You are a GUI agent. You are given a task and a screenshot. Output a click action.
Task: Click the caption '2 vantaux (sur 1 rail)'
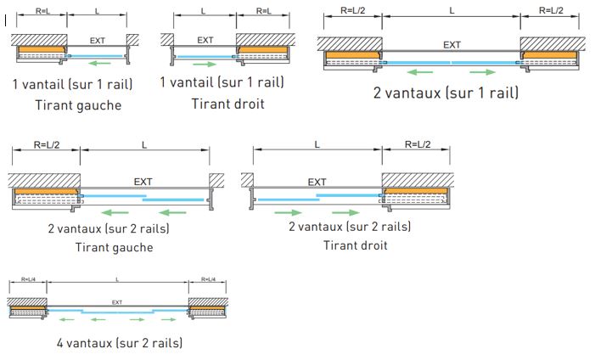[446, 92]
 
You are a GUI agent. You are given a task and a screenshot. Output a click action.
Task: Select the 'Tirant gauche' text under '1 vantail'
[79, 105]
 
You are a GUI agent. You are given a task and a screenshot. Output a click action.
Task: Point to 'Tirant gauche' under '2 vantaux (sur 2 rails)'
[115, 247]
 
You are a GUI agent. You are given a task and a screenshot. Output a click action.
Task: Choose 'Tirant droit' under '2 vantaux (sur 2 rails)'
[356, 245]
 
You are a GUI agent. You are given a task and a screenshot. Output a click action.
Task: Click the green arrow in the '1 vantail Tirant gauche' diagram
[99, 63]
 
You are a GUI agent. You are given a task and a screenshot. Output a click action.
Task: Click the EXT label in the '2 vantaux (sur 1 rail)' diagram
[452, 45]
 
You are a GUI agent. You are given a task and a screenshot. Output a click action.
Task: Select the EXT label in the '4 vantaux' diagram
[117, 301]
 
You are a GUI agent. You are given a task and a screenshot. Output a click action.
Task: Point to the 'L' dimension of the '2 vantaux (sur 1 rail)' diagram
[452, 10]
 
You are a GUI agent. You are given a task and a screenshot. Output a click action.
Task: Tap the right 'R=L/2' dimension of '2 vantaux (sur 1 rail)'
[550, 10]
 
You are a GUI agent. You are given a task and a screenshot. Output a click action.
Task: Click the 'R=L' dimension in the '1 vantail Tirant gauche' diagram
[42, 10]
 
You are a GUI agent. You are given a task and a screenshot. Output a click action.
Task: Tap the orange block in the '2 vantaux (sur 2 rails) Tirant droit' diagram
[417, 191]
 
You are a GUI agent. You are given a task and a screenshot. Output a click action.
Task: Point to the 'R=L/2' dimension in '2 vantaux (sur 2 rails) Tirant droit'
[416, 145]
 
